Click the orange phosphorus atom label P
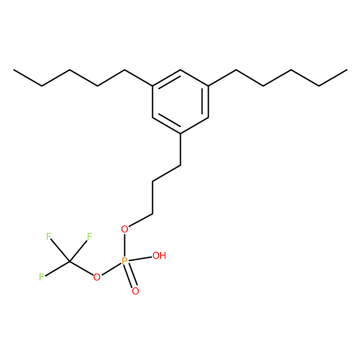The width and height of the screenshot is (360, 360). (x=125, y=262)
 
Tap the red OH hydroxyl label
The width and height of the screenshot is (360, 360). (x=159, y=256)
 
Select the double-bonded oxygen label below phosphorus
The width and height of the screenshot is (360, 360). (x=135, y=291)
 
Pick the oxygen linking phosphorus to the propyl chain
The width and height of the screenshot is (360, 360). (x=124, y=229)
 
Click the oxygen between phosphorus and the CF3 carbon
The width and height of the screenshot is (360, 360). (x=96, y=276)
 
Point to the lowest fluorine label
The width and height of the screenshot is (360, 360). (x=41, y=277)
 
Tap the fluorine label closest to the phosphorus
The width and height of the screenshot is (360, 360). (x=89, y=237)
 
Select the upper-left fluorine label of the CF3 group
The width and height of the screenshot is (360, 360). (x=49, y=237)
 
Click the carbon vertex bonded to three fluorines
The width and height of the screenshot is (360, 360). (x=69, y=262)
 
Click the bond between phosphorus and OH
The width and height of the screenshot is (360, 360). (x=140, y=258)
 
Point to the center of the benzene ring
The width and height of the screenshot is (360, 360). (x=180, y=102)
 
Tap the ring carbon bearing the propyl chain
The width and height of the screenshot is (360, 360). (x=180, y=134)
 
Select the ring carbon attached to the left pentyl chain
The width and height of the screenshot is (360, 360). (x=153, y=85)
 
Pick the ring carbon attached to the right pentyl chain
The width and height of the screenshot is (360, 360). (x=208, y=85)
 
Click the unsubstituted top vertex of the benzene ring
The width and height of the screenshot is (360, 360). (x=180, y=70)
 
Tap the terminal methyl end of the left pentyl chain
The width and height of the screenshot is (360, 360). (x=13, y=70)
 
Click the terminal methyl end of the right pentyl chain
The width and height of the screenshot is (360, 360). (x=346, y=70)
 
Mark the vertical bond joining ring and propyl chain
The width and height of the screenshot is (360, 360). (x=180, y=149)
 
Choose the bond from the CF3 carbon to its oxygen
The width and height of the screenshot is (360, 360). (x=81, y=268)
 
